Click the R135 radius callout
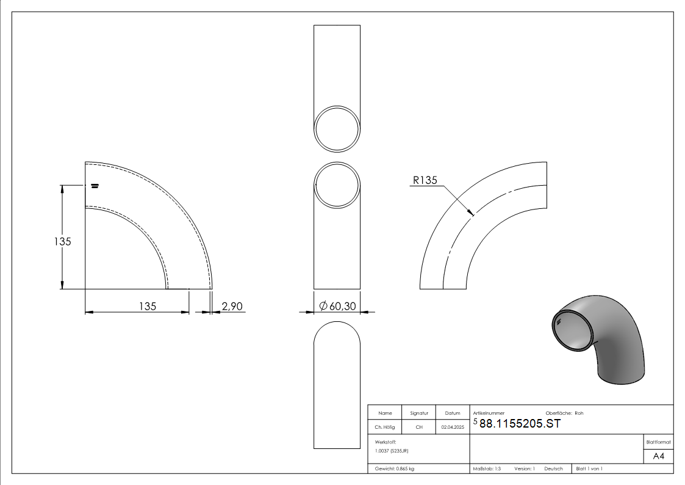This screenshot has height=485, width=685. [x=425, y=180]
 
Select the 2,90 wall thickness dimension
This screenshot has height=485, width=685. [x=232, y=306]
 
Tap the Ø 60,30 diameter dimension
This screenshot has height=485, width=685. [x=337, y=306]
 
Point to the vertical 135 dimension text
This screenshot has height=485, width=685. [x=62, y=241]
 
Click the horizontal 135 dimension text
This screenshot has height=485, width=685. [x=147, y=306]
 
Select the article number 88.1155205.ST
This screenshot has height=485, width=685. [x=520, y=423]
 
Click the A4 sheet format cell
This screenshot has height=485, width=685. [x=658, y=456]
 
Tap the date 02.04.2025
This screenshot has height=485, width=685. [x=453, y=427]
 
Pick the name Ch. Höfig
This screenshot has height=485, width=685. [x=384, y=427]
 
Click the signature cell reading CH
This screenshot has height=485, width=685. [x=419, y=427]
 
